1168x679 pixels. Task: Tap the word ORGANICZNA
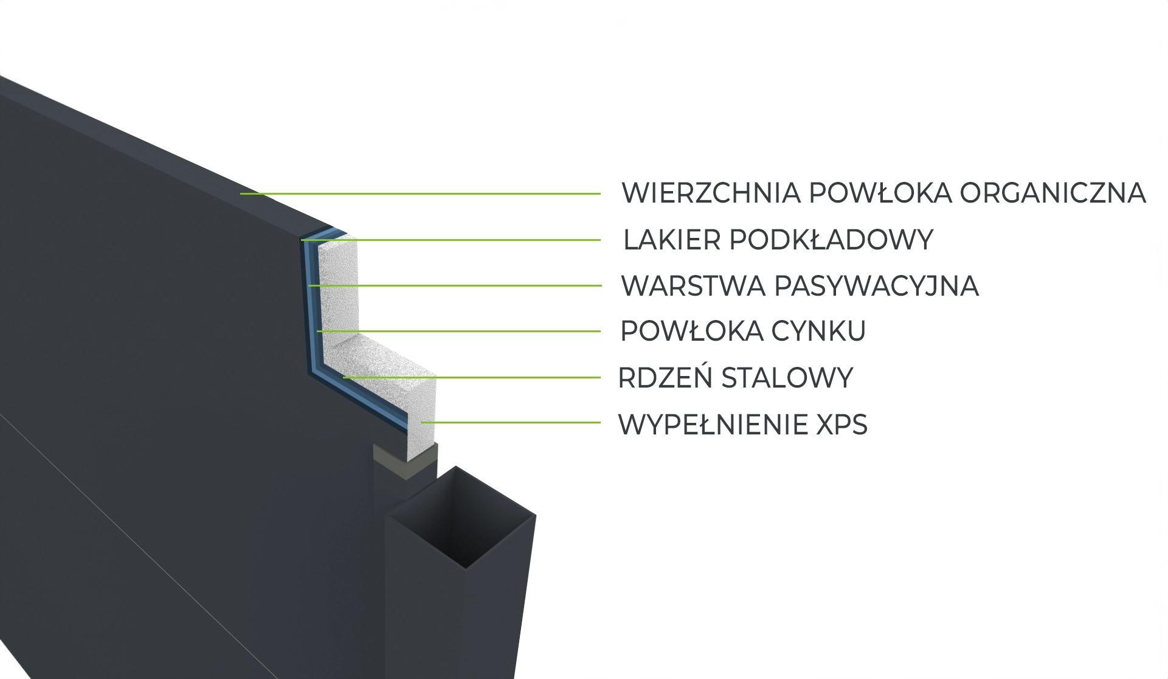pyautogui.click(x=1052, y=193)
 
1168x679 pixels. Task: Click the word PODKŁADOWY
pyautogui.click(x=831, y=240)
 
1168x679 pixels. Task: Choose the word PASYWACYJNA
pyautogui.click(x=877, y=286)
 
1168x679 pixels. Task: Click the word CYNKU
pyautogui.click(x=818, y=331)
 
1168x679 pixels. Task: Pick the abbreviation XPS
pyautogui.click(x=841, y=424)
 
